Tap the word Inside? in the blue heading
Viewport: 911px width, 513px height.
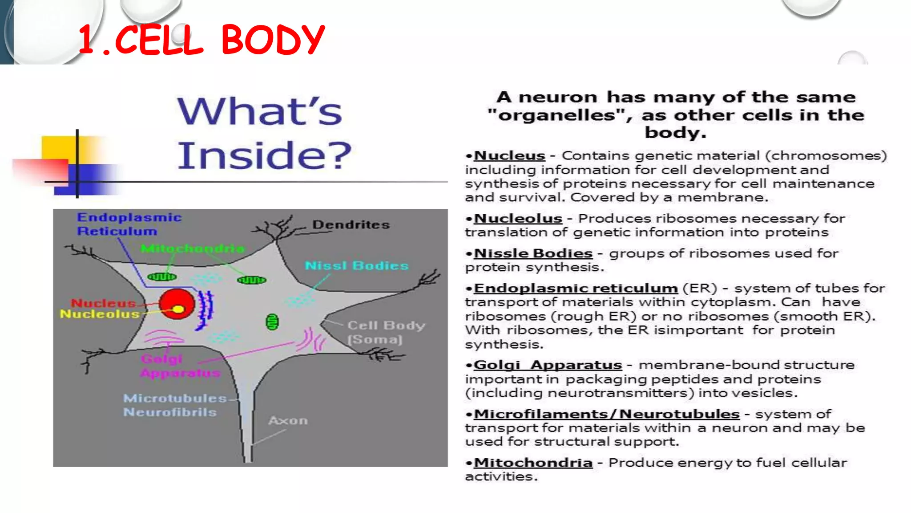pos(264,155)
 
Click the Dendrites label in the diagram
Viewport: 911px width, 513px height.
pos(351,224)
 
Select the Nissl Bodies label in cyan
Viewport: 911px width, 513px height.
pos(356,266)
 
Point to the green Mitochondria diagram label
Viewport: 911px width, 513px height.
pos(192,248)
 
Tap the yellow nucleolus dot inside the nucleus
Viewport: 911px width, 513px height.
pos(178,309)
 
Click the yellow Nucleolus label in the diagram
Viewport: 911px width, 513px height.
pos(100,314)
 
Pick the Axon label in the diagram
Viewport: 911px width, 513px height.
pos(288,420)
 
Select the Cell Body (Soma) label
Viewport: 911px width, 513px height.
pos(385,332)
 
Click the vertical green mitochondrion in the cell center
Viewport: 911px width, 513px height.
pos(272,322)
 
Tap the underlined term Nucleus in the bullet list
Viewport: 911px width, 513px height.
pos(509,156)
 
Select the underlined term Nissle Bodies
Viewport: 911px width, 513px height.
pos(533,253)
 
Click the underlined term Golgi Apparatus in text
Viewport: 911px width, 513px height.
pos(547,365)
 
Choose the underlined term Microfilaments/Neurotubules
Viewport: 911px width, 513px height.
pos(606,414)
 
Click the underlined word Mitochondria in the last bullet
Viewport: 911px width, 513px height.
pos(533,463)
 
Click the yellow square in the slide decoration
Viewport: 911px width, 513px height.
pos(58,148)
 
